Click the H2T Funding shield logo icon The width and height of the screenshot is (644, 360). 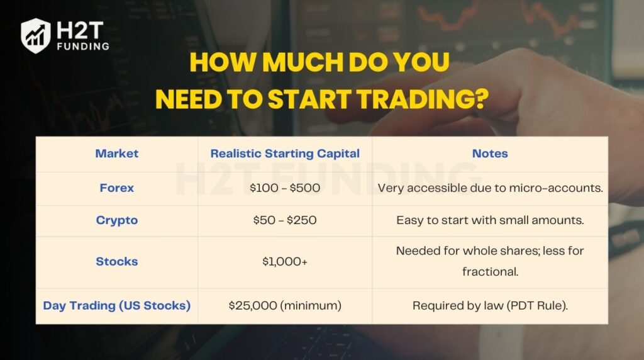pyautogui.click(x=36, y=35)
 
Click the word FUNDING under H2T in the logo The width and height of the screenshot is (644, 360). pyautogui.click(x=82, y=46)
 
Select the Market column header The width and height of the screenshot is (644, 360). pyautogui.click(x=116, y=154)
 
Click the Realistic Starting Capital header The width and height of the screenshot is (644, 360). pyautogui.click(x=284, y=154)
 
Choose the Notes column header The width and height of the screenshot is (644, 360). pyautogui.click(x=489, y=154)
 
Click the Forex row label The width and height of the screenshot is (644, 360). pyautogui.click(x=116, y=188)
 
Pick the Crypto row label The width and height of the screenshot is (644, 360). pyautogui.click(x=116, y=220)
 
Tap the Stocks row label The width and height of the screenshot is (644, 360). pyautogui.click(x=116, y=261)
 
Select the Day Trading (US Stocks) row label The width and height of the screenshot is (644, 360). pyautogui.click(x=116, y=305)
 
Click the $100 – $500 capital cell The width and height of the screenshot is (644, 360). pyautogui.click(x=284, y=188)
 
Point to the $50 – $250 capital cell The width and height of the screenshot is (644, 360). pyautogui.click(x=284, y=220)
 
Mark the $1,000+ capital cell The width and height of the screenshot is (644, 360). pyautogui.click(x=284, y=261)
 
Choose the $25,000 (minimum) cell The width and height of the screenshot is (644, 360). pyautogui.click(x=284, y=305)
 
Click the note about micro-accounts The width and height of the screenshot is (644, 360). pyautogui.click(x=489, y=188)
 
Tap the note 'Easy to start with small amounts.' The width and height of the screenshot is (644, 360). pyautogui.click(x=489, y=220)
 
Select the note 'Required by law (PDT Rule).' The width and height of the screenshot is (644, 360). pyautogui.click(x=489, y=305)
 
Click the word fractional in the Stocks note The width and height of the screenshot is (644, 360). pyautogui.click(x=489, y=272)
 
